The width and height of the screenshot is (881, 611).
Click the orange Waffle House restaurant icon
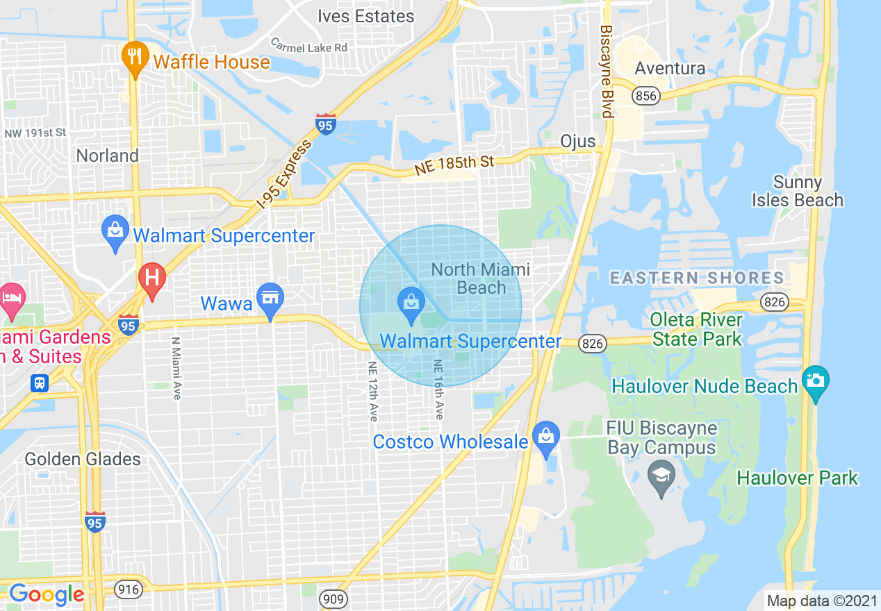pyautogui.click(x=133, y=57)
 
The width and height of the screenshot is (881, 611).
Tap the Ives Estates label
pyautogui.click(x=365, y=16)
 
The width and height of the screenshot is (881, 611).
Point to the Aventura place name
pyautogui.click(x=670, y=68)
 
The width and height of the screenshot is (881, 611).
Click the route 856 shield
pyautogui.click(x=646, y=96)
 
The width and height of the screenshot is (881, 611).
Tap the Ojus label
pyautogui.click(x=578, y=141)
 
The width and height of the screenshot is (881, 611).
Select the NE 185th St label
pyautogui.click(x=454, y=165)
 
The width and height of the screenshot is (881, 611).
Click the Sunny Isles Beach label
pyautogui.click(x=798, y=191)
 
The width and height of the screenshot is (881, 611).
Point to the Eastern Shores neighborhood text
pyautogui.click(x=697, y=278)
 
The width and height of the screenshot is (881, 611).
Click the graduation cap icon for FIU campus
pyautogui.click(x=661, y=477)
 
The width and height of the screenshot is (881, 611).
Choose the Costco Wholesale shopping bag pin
pyautogui.click(x=547, y=437)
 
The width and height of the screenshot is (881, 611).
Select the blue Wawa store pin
pyautogui.click(x=270, y=299)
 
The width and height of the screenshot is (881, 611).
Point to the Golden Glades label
pyautogui.click(x=83, y=459)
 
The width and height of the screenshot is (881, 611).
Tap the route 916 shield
pyautogui.click(x=129, y=590)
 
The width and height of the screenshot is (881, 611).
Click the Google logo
pyautogui.click(x=47, y=594)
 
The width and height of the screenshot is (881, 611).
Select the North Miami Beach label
pyautogui.click(x=480, y=278)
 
